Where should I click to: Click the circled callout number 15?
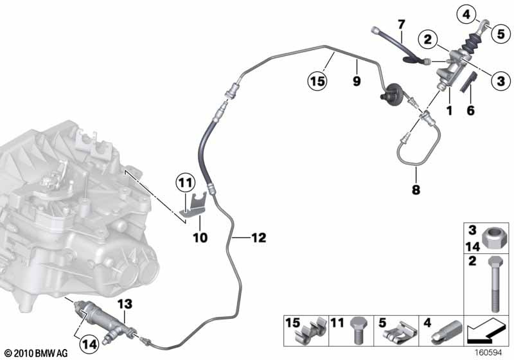(317, 81)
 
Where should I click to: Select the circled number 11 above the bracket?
(186, 183)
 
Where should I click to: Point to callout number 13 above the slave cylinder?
(125, 304)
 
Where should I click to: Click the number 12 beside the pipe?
(259, 238)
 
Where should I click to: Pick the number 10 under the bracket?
(200, 237)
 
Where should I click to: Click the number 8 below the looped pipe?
(416, 190)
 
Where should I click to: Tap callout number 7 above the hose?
(401, 24)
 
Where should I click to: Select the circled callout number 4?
(466, 14)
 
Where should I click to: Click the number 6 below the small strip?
(470, 111)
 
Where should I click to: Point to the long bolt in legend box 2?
(495, 285)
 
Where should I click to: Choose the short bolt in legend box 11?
(359, 330)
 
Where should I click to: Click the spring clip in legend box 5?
(400, 334)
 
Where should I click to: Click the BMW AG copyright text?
(36, 354)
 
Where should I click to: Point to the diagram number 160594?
(488, 353)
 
